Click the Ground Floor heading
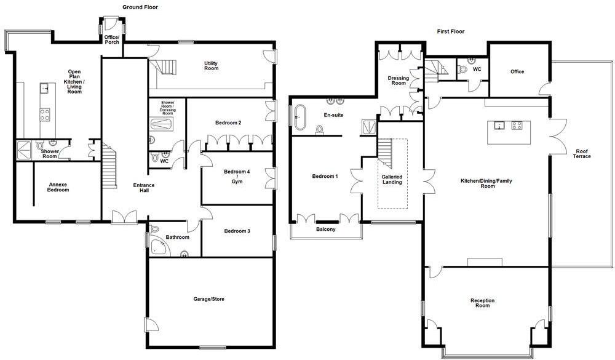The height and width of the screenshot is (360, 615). pyautogui.click(x=140, y=7)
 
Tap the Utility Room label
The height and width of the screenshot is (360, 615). pyautogui.click(x=211, y=66)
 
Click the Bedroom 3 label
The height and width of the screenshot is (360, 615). pyautogui.click(x=237, y=231)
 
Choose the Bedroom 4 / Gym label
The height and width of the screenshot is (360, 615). pyautogui.click(x=237, y=177)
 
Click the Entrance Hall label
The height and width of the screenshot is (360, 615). pyautogui.click(x=144, y=188)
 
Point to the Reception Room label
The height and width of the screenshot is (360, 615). pyautogui.click(x=483, y=303)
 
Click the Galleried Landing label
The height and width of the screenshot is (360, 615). pyautogui.click(x=392, y=180)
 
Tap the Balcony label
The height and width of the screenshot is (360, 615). pyautogui.click(x=326, y=230)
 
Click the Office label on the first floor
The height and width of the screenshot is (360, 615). pyautogui.click(x=517, y=72)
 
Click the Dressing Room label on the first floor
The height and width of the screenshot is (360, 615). pyautogui.click(x=399, y=81)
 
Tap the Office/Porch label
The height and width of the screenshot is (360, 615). pyautogui.click(x=112, y=39)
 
